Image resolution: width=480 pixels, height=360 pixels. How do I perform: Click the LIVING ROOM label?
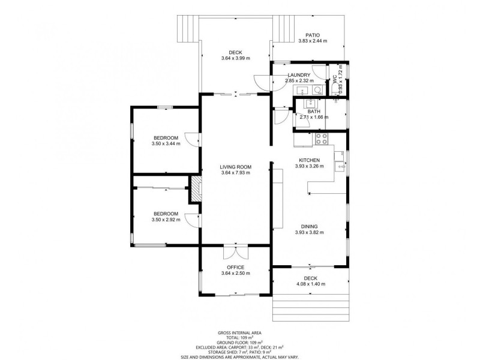click(235, 167)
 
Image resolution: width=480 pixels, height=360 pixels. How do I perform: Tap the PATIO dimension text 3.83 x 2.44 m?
click(313, 40)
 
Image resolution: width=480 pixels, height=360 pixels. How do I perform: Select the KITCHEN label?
click(309, 160)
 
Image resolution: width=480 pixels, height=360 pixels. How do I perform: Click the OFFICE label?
click(235, 267)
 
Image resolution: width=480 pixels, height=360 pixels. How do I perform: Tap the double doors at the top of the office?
click(236, 251)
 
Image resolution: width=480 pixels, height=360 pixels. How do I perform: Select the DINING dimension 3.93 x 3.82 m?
click(309, 232)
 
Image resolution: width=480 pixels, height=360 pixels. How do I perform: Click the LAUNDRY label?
click(299, 75)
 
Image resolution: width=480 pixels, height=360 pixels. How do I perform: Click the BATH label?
click(314, 112)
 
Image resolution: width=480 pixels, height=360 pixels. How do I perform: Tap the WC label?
click(334, 79)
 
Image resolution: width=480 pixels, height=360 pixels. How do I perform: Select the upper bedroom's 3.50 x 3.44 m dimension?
click(166, 143)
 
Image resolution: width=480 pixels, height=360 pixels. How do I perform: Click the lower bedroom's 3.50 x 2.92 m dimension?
click(166, 220)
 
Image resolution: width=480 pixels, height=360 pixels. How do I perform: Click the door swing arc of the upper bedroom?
click(190, 139)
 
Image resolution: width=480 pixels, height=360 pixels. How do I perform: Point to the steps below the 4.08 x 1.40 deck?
click(311, 308)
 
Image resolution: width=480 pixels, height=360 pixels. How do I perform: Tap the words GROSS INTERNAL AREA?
click(239, 333)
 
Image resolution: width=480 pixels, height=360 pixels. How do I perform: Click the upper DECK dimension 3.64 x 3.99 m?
click(235, 58)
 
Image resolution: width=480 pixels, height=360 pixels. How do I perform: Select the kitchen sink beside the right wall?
click(340, 166)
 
